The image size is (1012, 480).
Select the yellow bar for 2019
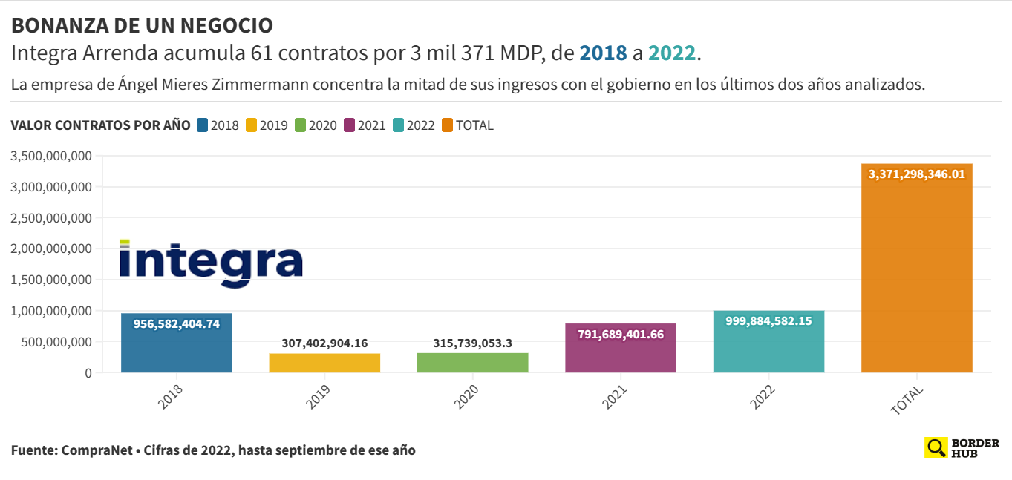324,363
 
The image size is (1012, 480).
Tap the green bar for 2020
472,363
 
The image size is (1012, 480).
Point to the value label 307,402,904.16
324,343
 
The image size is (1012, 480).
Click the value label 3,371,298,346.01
916,174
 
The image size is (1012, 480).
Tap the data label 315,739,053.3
472,343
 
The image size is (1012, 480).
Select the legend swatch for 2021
350,125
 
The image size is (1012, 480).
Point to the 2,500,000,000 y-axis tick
51,218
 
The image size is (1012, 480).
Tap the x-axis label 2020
467,398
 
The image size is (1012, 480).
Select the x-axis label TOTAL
907,400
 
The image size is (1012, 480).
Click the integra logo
212,263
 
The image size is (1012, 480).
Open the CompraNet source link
97,450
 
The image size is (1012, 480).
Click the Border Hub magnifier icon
936,447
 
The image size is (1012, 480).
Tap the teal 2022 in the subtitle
671,53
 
